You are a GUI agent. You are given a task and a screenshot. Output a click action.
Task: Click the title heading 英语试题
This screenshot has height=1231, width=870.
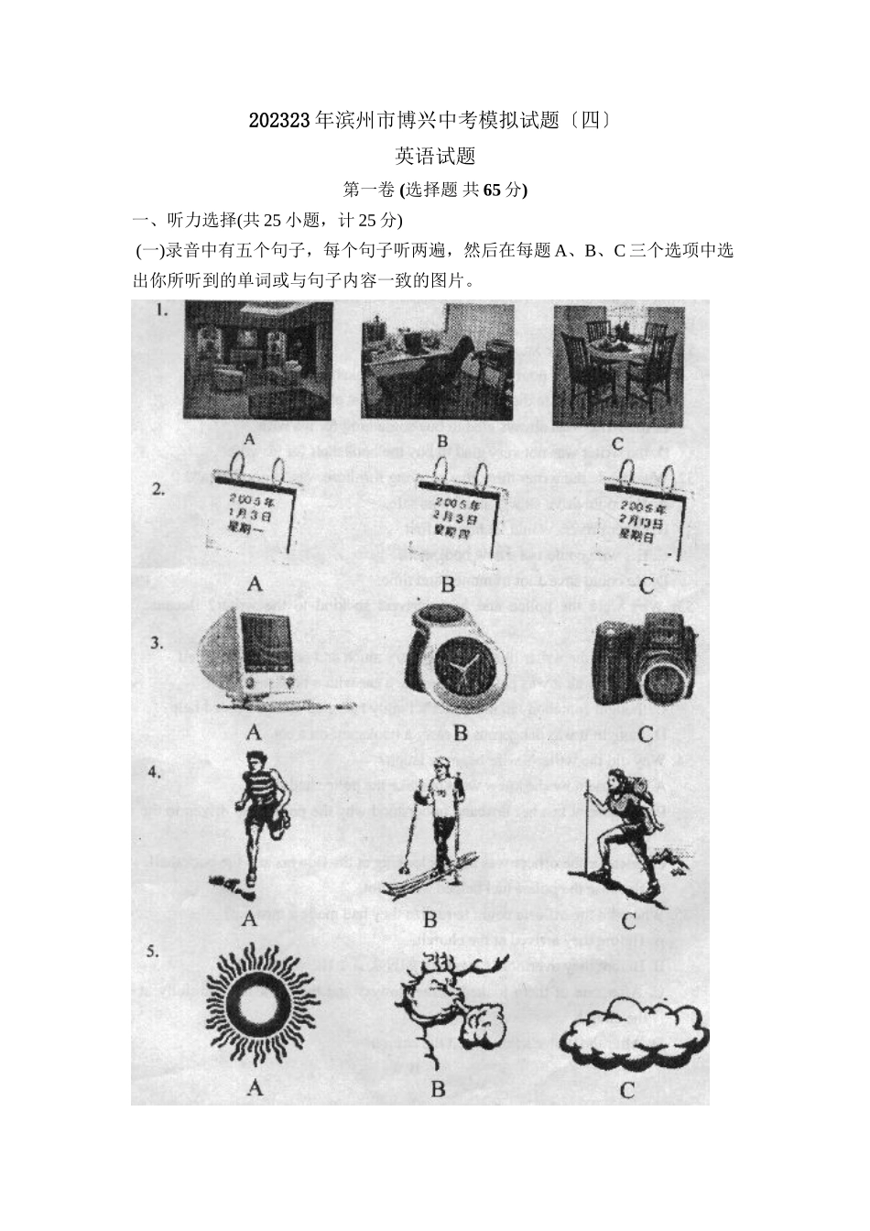coord(435,157)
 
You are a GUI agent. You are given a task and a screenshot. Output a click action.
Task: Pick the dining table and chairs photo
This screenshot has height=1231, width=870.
coord(619,364)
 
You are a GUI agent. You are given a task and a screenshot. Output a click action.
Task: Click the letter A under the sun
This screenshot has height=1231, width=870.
coord(255,1088)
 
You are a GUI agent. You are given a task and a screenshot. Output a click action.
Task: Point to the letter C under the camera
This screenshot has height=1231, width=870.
coord(645,734)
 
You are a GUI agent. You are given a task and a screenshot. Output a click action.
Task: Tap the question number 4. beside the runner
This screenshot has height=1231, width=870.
coord(155,772)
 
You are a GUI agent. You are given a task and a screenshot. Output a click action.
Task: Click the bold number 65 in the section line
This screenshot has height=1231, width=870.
coord(492,190)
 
